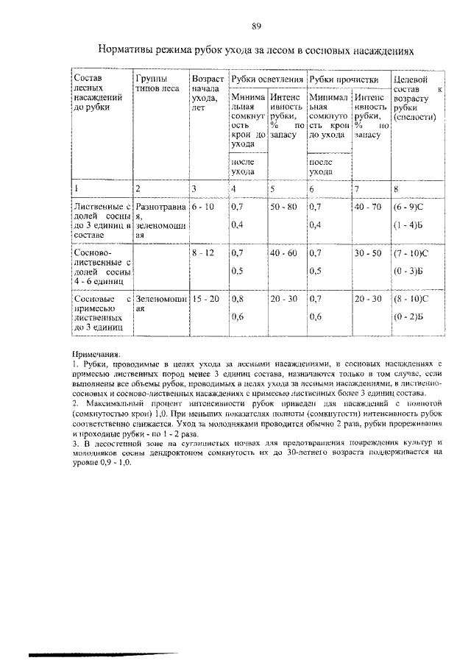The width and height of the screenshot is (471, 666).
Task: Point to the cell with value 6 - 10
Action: pos(202,208)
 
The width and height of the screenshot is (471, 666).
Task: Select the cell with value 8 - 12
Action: pos(202,253)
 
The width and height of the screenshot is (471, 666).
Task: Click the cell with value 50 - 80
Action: pos(283,208)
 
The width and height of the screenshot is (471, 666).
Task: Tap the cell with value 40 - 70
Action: pos(367,208)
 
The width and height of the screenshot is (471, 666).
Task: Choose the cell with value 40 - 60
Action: pos(283,253)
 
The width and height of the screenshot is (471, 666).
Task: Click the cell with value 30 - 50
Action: pos(367,253)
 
